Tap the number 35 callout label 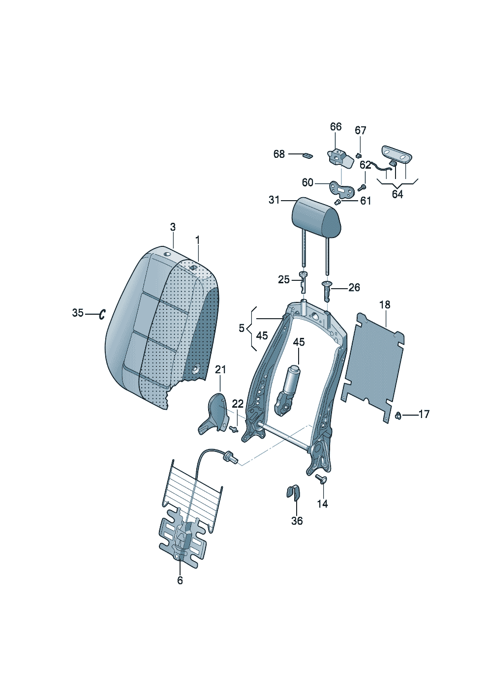click(x=78, y=313)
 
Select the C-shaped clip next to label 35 click(x=102, y=314)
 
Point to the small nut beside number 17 click(x=398, y=416)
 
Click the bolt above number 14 click(x=322, y=479)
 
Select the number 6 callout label click(x=180, y=580)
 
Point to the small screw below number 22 click(x=235, y=429)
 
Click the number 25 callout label click(x=284, y=279)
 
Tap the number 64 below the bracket click(x=397, y=194)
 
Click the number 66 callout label click(x=335, y=127)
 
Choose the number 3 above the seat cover click(x=173, y=227)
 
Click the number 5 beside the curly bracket click(x=242, y=328)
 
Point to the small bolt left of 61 click(x=338, y=202)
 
